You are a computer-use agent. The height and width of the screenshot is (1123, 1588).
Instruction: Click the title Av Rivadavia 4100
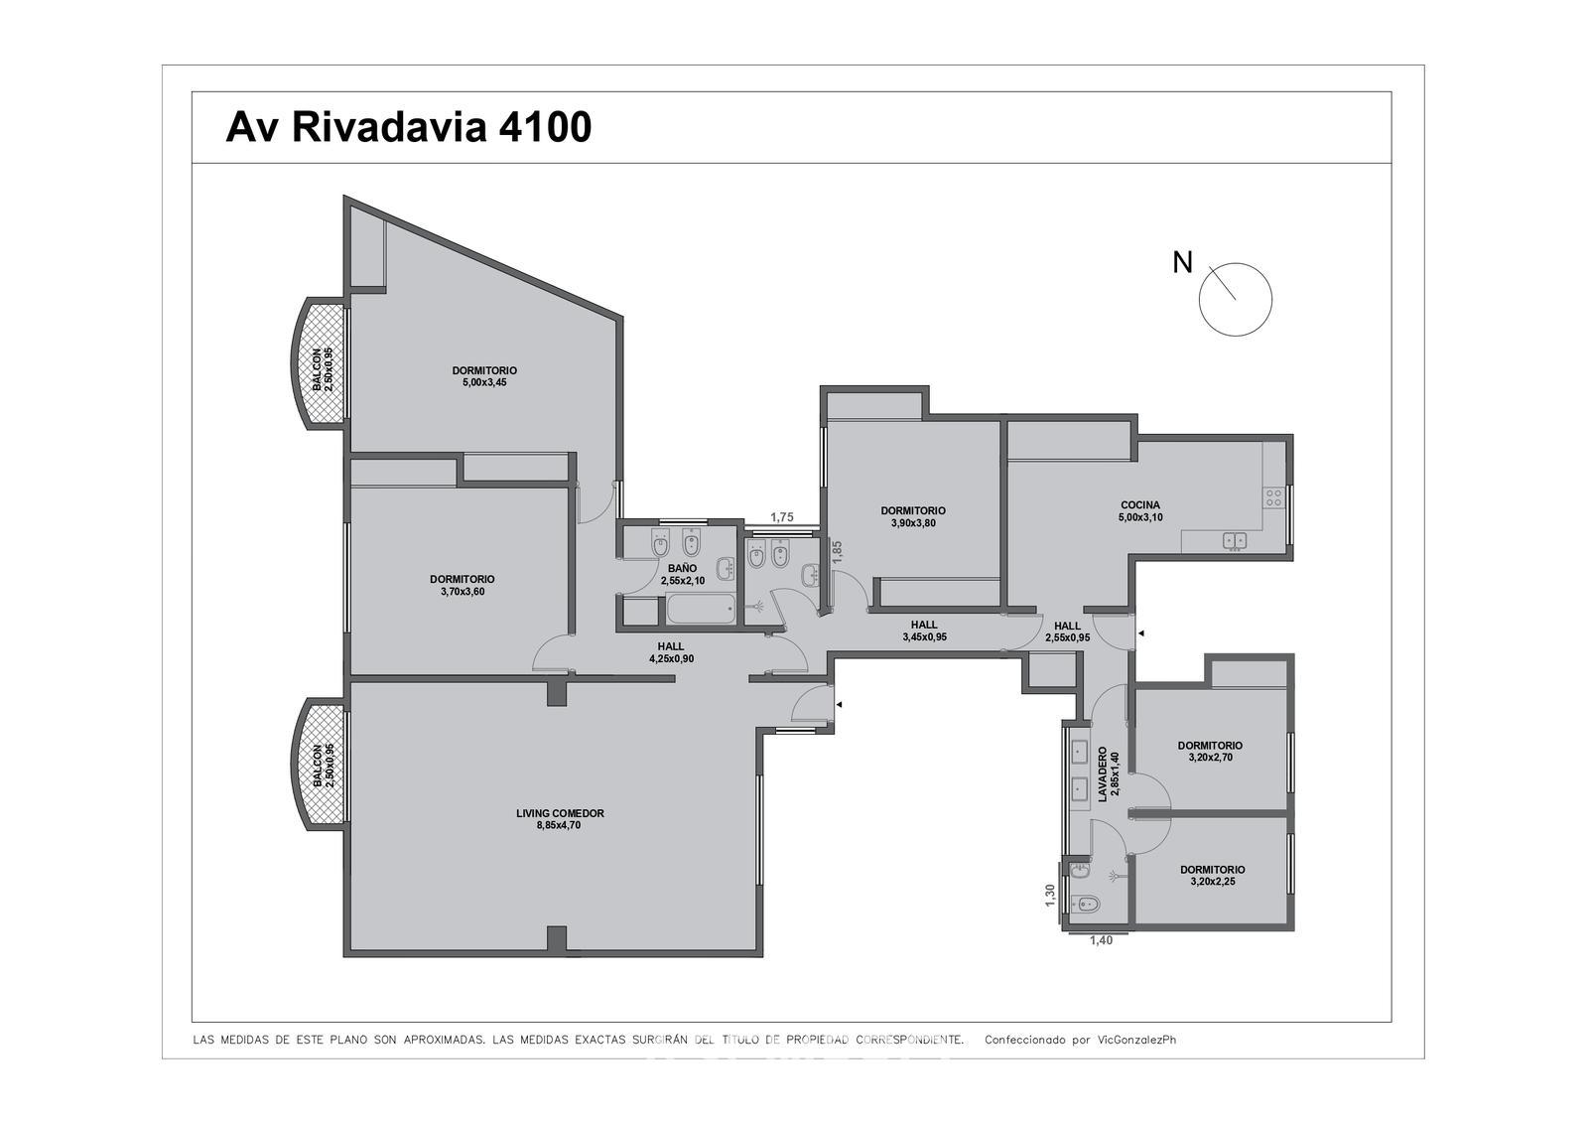[x=408, y=128]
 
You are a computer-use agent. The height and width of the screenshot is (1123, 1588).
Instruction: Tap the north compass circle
[x=1235, y=263]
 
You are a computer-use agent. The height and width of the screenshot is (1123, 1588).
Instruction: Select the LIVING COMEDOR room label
[x=560, y=813]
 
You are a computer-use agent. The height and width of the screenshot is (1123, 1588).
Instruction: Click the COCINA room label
[x=1140, y=505]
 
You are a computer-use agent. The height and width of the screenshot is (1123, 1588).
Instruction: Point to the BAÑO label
[x=682, y=568]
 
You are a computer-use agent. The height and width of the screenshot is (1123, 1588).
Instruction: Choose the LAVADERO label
[x=1103, y=773]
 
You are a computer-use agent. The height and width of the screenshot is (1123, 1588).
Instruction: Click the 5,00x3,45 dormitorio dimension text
[x=484, y=382]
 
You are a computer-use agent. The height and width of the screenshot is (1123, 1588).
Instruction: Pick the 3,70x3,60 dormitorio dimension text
[x=463, y=592]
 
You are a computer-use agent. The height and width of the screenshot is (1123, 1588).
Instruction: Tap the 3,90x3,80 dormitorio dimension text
[x=913, y=523]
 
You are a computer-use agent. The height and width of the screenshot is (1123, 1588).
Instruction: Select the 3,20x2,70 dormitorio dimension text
[x=1210, y=757]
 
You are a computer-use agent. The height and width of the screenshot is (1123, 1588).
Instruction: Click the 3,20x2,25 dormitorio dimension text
[x=1212, y=882]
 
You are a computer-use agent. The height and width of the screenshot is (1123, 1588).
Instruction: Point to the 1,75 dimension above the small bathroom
[x=782, y=517]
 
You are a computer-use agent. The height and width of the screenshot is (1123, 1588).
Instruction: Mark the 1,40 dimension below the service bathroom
[x=1101, y=940]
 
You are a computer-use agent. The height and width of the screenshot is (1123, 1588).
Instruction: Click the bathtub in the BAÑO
[x=701, y=611]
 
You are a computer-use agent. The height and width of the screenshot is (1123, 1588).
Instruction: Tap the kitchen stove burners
[x=1274, y=497]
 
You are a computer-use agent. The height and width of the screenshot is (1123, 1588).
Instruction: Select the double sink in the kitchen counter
[x=1235, y=541]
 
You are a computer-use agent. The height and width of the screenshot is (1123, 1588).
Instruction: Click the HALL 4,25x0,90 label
[x=671, y=652]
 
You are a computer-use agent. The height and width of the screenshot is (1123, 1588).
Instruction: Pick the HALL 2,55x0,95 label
[x=1068, y=632]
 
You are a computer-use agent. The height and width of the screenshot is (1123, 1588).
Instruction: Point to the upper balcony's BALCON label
[x=317, y=369]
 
